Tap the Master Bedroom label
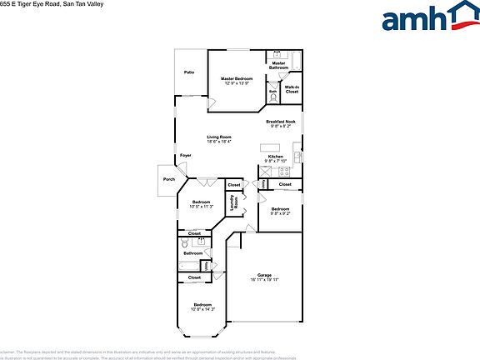[x=237, y=78]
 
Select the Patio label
[x=189, y=72]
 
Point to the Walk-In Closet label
[x=292, y=87]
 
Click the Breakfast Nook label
[x=280, y=122]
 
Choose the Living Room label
[x=219, y=137]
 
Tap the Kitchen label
[x=276, y=157]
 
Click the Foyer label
[x=185, y=155]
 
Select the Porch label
[x=169, y=179]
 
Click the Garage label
[x=265, y=274]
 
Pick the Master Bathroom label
[x=278, y=65]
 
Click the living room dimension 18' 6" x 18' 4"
[x=219, y=142]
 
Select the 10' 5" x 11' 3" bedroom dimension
[x=202, y=206]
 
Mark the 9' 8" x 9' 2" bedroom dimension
[x=279, y=213]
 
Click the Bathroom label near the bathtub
[x=193, y=253]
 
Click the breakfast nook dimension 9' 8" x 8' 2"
[x=280, y=127]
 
